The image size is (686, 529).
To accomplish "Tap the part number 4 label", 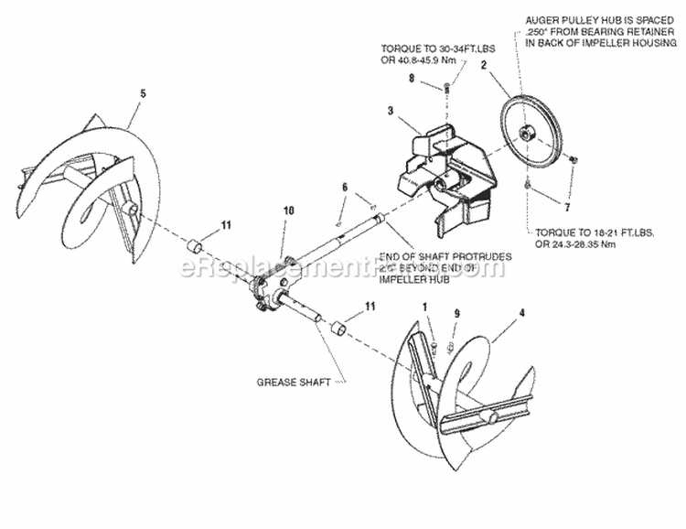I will point(521,314).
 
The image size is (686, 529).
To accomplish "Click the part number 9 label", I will point(456,314).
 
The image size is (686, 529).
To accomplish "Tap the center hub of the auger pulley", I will point(529,133).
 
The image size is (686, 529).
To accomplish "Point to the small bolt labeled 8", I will point(447,89).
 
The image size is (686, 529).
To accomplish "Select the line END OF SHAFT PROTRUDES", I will point(444,256).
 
